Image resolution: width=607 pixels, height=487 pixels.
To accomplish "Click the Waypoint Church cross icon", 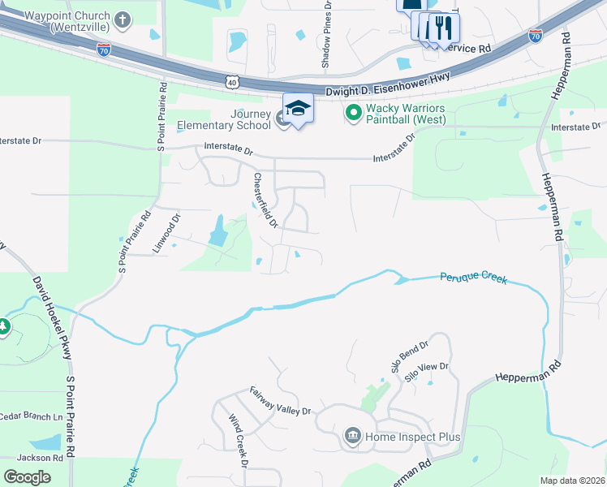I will coord(123,19).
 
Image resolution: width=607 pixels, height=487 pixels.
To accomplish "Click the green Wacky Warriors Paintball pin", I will coord(353,114).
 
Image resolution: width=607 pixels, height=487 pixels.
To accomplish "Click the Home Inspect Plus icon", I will coord(353,437).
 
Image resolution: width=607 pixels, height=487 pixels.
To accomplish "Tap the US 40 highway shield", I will coord(233,82).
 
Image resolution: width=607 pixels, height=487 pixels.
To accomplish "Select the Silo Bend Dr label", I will coord(409,358).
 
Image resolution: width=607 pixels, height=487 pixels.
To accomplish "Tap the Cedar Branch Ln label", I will coord(31,416).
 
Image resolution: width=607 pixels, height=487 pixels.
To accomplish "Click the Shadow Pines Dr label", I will coord(327,34).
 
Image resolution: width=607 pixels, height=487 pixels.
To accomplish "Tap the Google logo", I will coord(27,476).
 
